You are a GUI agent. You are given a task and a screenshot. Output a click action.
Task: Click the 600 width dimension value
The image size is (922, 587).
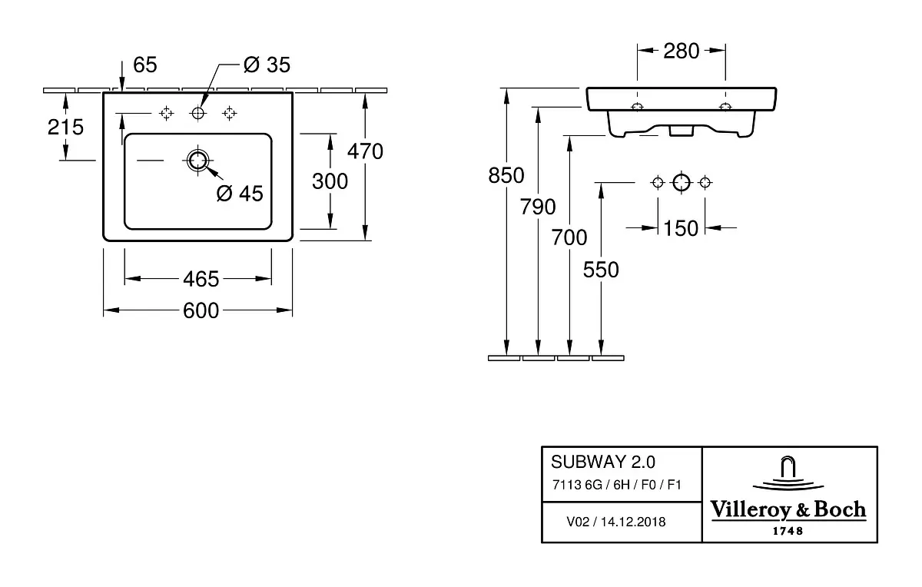tap(201, 310)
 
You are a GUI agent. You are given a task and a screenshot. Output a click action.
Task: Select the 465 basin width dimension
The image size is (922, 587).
tap(201, 279)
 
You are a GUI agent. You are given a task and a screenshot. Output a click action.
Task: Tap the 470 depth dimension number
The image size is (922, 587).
tap(365, 151)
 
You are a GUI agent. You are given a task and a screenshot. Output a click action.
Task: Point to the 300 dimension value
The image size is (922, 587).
tap(330, 181)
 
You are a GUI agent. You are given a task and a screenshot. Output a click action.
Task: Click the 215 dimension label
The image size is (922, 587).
tap(65, 127)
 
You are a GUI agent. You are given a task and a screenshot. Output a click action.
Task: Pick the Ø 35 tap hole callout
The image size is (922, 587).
tap(267, 65)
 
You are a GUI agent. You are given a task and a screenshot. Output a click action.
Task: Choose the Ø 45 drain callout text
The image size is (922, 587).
tap(240, 194)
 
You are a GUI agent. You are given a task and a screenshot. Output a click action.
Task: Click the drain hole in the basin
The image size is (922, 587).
tap(198, 161)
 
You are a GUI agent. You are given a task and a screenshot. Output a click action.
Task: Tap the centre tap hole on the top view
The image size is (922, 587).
tap(198, 113)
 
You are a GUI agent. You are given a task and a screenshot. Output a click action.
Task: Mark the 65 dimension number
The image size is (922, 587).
tap(145, 65)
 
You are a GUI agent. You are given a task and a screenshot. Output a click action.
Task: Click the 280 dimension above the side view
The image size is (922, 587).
tap(682, 51)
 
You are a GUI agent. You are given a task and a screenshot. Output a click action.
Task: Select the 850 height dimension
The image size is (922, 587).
tap(506, 175)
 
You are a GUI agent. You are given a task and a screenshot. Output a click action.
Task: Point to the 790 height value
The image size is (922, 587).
tap(538, 207)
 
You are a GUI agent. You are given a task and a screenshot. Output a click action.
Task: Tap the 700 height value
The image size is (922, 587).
tap(569, 237)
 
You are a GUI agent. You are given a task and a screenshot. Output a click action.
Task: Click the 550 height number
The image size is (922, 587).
tap(601, 270)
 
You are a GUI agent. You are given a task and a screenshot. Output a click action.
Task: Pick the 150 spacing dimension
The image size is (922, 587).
tap(681, 228)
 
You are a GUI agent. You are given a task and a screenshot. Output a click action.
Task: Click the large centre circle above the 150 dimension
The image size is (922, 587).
tap(682, 182)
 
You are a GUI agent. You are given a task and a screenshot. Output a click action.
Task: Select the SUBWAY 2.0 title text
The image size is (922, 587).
tap(603, 462)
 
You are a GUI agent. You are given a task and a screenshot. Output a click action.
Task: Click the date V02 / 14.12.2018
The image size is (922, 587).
tap(615, 522)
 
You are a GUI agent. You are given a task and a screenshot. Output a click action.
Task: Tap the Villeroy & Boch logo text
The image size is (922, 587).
tap(788, 509)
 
